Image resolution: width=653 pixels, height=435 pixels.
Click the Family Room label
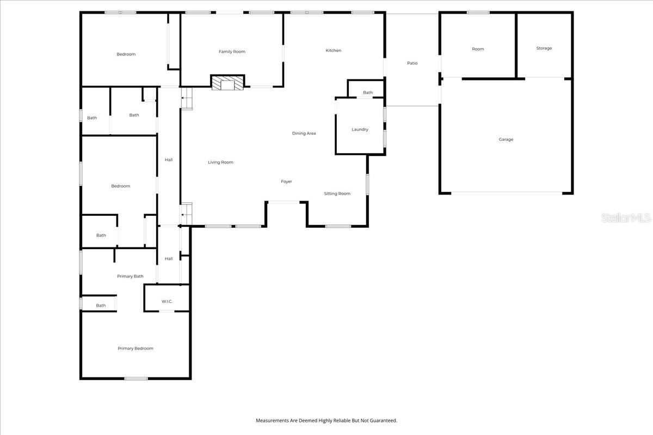pyautogui.click(x=232, y=52)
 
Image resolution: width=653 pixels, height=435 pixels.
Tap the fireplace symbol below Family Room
pyautogui.click(x=227, y=83)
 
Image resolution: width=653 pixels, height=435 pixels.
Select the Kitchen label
pyautogui.click(x=334, y=51)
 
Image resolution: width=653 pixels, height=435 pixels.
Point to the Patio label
pyautogui.click(x=412, y=63)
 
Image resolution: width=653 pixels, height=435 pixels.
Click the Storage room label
pyautogui.click(x=544, y=48)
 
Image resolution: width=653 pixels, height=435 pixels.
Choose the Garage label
pyautogui.click(x=506, y=139)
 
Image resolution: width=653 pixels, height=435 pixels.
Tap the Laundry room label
pyautogui.click(x=360, y=129)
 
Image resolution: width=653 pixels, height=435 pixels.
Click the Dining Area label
pyautogui.click(x=304, y=133)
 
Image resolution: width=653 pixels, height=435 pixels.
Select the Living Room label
pyautogui.click(x=220, y=162)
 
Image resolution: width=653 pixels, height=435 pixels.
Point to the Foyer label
pyautogui.click(x=286, y=182)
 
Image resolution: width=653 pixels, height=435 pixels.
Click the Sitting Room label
pyautogui.click(x=337, y=194)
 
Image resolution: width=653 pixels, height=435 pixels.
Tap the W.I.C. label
pyautogui.click(x=167, y=301)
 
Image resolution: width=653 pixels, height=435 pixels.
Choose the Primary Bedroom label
pyautogui.click(x=135, y=349)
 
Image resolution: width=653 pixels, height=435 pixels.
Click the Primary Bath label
pyautogui.click(x=130, y=276)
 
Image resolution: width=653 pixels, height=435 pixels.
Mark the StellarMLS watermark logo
pyautogui.click(x=626, y=217)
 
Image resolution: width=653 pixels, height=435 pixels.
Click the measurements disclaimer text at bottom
pyautogui.click(x=326, y=420)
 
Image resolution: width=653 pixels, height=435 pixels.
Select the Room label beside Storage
pyautogui.click(x=478, y=49)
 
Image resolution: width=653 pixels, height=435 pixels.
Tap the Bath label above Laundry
pyautogui.click(x=368, y=92)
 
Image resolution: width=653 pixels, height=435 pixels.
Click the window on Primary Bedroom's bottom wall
pyautogui.click(x=136, y=378)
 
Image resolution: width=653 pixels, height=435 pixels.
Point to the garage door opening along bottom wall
pyautogui.click(x=506, y=193)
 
